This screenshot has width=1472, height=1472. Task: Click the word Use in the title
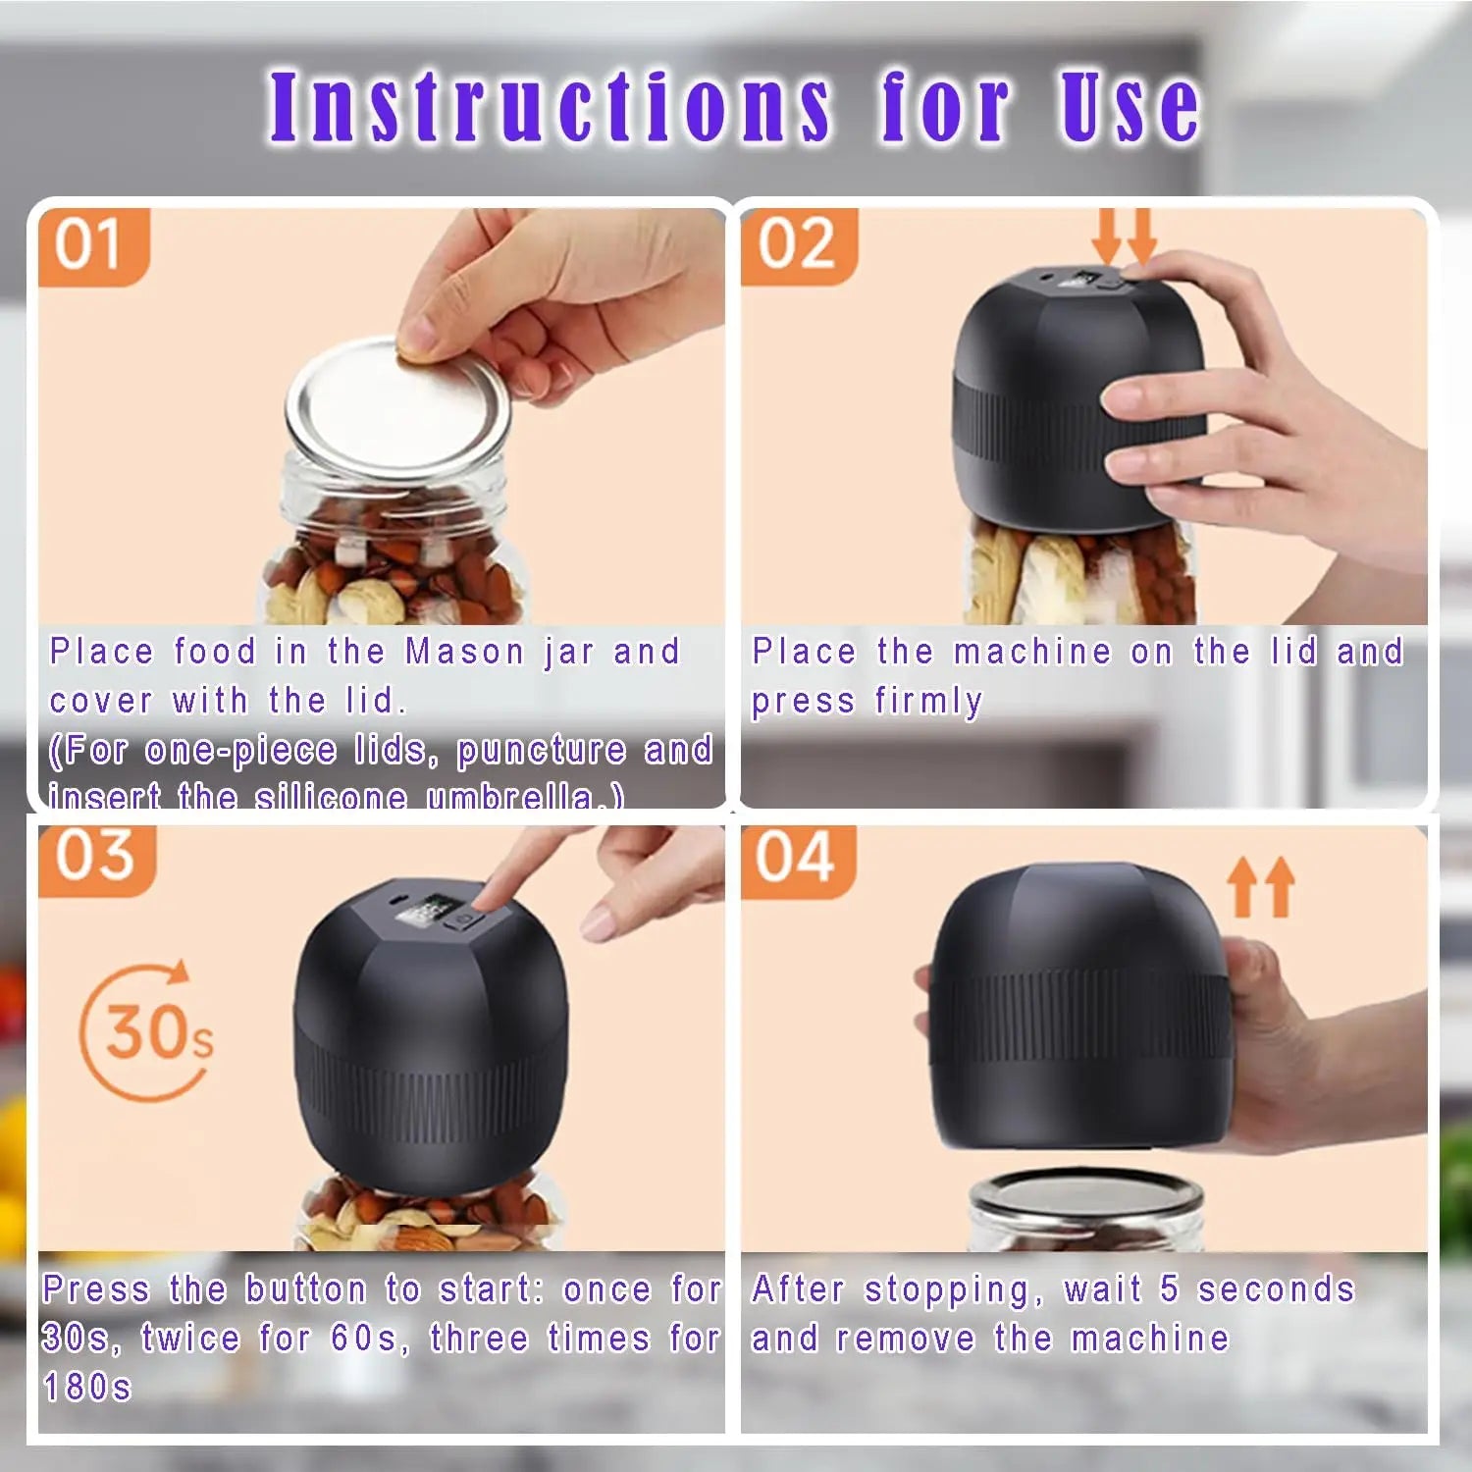point(1129,106)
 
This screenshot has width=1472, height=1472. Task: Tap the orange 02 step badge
point(797,245)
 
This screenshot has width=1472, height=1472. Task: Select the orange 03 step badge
point(94,856)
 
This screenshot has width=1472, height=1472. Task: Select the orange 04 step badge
point(795,858)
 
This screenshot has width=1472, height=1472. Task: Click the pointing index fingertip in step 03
point(487,898)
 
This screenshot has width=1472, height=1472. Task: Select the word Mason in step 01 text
point(465,652)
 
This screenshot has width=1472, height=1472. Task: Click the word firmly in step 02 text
point(928,702)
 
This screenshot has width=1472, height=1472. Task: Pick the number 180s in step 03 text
point(86,1388)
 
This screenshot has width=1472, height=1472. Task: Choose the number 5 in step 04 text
point(1168,1289)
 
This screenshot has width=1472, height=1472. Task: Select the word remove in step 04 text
point(906,1339)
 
